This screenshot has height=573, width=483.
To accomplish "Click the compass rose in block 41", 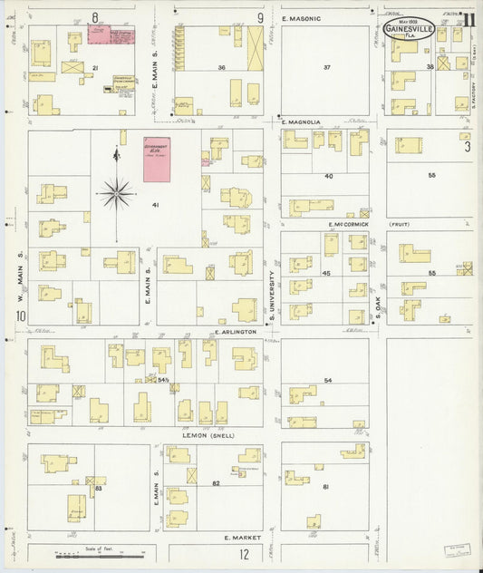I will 116,192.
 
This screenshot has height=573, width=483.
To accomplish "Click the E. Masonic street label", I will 302,18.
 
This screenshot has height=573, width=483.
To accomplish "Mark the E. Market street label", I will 242,539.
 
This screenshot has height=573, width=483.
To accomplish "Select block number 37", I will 327,68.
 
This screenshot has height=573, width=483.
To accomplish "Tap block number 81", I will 326,488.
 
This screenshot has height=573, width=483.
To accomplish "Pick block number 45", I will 326,273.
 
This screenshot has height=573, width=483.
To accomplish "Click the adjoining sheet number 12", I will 244,554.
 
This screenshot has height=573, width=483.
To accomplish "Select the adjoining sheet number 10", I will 18,316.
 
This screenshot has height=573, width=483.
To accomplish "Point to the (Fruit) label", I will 400,224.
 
